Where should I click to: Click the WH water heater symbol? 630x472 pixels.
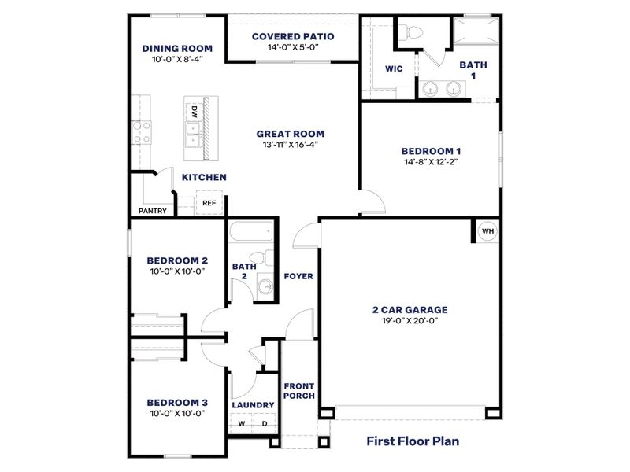(x=487, y=231)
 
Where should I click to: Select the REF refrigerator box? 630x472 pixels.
(x=209, y=203)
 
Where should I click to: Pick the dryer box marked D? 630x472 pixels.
(x=265, y=424)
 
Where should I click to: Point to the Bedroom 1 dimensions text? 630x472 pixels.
(x=430, y=162)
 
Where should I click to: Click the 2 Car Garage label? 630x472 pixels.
(x=409, y=309)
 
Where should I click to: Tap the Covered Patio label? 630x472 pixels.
(x=293, y=36)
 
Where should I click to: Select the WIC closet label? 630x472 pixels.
(x=394, y=68)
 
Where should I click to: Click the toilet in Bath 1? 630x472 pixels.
(x=413, y=32)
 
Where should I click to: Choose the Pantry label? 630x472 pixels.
(x=152, y=211)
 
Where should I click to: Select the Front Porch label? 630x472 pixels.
(x=299, y=390)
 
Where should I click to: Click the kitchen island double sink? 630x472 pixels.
(x=193, y=134)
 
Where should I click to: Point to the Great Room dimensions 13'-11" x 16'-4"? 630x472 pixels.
(x=290, y=145)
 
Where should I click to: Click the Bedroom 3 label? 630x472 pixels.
(x=177, y=402)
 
